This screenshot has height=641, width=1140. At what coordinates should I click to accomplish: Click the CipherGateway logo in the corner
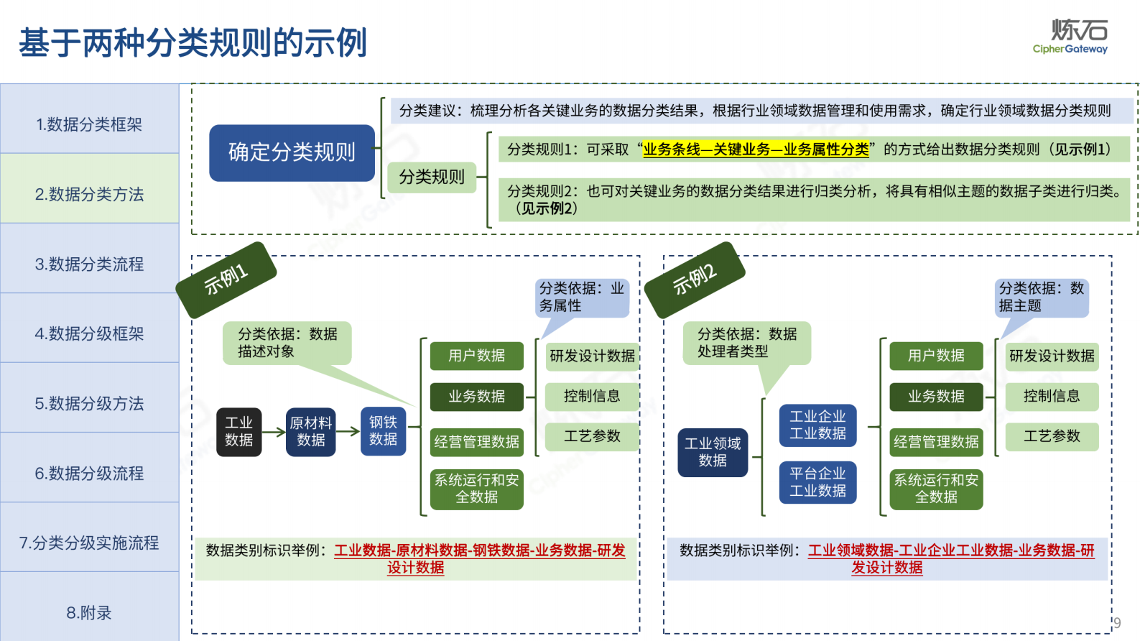tap(1071, 37)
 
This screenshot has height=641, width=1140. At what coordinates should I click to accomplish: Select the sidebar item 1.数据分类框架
tap(89, 124)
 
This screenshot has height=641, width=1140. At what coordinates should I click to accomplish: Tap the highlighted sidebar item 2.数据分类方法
tap(89, 194)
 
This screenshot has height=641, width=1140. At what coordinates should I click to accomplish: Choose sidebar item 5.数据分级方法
tap(89, 403)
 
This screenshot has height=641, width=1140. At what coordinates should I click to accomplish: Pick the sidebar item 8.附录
tap(89, 612)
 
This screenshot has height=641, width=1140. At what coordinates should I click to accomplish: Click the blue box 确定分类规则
tap(292, 152)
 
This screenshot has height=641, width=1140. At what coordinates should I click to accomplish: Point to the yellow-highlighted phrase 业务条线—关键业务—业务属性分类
tap(756, 149)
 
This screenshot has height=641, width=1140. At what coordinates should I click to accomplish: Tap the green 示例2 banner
tap(695, 279)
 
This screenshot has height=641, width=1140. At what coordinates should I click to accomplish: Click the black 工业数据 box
tap(239, 431)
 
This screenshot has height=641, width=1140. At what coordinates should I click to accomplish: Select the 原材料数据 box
tap(310, 431)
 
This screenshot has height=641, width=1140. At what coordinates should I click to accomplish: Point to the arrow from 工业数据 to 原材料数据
tap(274, 432)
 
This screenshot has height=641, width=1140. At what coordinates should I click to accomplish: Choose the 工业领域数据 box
tap(713, 451)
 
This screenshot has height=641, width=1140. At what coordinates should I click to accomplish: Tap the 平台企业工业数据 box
tap(817, 481)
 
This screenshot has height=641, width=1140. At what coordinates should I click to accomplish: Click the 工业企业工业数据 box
tap(817, 425)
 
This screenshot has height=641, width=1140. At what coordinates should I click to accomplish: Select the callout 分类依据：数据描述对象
tap(287, 343)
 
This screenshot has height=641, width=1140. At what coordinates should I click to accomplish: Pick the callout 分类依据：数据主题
tap(1041, 297)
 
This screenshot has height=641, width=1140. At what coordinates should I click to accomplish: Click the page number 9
tap(1117, 622)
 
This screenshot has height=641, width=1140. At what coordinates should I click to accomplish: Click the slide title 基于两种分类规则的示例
tap(193, 42)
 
